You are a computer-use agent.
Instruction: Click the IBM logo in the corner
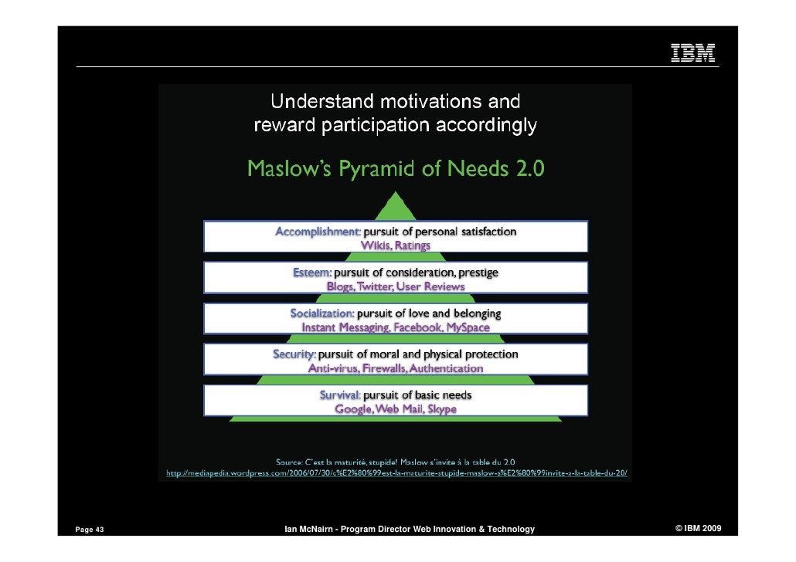(692, 52)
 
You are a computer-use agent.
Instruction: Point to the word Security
(294, 354)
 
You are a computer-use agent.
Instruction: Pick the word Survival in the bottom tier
(340, 395)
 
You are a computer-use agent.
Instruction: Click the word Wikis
(376, 245)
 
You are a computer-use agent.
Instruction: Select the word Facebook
(417, 327)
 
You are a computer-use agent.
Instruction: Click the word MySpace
(468, 327)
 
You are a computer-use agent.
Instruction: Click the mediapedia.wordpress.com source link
(397, 472)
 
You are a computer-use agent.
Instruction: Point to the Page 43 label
(90, 530)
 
